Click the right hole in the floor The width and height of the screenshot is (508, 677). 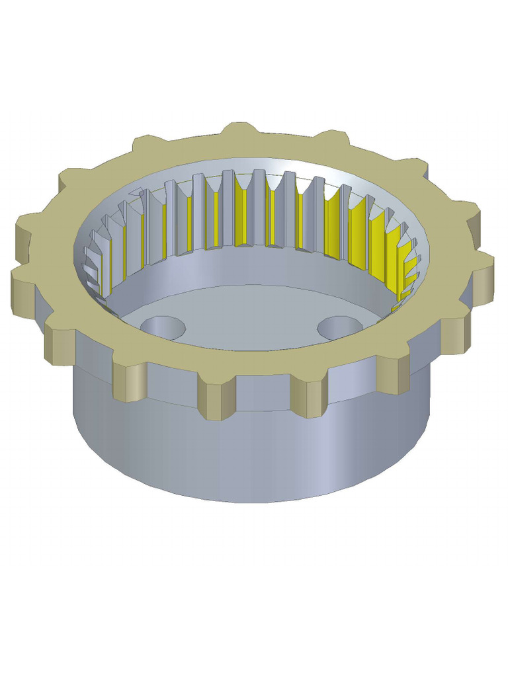point(338,327)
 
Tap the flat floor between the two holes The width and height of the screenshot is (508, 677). point(251,317)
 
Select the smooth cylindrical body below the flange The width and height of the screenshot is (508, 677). point(251,456)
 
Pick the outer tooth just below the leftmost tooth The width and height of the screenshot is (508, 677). point(26,291)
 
